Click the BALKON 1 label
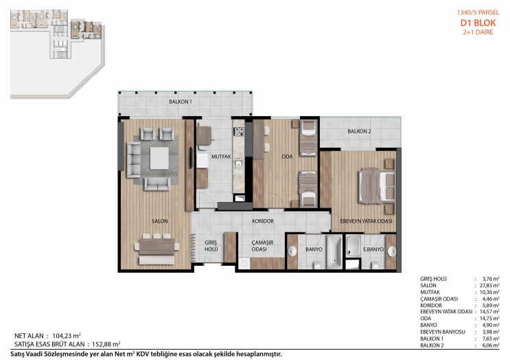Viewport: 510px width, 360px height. (x=181, y=102)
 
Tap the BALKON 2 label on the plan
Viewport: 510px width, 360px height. (x=359, y=131)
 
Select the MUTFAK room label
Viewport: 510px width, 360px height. (x=221, y=157)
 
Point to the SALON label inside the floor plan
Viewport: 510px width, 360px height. (x=160, y=221)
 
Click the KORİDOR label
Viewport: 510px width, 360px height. (x=263, y=221)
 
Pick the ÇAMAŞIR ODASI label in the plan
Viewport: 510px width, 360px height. (x=262, y=246)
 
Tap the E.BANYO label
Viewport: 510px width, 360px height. (x=373, y=249)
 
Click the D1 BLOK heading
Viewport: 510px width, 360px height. (x=478, y=23)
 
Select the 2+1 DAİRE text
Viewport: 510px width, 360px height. (x=478, y=32)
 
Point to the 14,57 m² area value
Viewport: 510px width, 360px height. (x=489, y=312)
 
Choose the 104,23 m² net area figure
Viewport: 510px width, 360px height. (x=67, y=336)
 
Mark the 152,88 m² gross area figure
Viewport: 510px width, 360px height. (x=106, y=344)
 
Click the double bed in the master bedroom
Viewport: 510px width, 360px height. (x=377, y=185)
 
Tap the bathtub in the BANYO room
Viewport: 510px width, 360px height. (x=334, y=251)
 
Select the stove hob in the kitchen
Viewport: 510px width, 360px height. (x=239, y=132)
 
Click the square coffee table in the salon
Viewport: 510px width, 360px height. (x=159, y=158)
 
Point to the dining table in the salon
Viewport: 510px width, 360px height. (x=157, y=247)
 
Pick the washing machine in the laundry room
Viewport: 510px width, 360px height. (x=244, y=263)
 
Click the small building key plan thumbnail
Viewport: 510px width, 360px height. (x=58, y=54)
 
